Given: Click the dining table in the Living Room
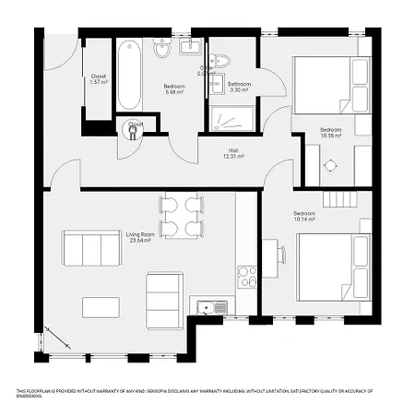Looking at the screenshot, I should point(181,216).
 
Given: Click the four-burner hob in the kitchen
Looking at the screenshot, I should point(247,276).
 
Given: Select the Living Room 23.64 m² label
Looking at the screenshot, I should point(139,239).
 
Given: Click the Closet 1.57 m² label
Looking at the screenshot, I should point(99,78).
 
